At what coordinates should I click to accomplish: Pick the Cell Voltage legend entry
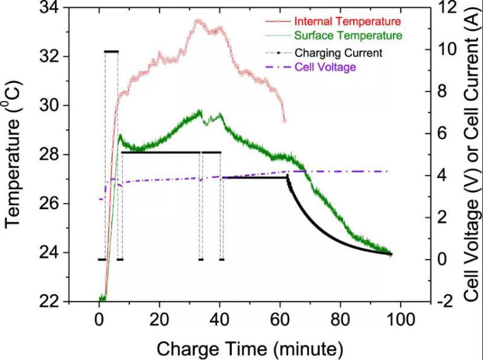pyautogui.click(x=325, y=66)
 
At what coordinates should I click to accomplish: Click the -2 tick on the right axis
pyautogui.click(x=446, y=301)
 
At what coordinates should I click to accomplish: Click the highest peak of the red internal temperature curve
pyautogui.click(x=197, y=21)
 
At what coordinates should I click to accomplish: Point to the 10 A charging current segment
pyautogui.click(x=111, y=52)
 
